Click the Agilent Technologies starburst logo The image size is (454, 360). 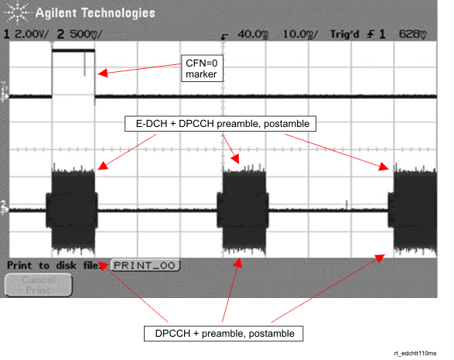16,12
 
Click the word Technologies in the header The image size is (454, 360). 118,13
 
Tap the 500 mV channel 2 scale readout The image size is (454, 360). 86,34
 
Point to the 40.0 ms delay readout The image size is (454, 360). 253,34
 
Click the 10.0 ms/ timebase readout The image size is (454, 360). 299,34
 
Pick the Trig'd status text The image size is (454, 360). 344,34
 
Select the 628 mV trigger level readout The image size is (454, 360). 413,34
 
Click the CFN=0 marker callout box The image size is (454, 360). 202,68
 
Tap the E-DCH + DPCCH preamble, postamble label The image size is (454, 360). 220,124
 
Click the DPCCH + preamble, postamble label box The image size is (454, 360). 224,334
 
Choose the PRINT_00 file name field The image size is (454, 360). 145,266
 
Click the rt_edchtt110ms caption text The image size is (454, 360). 415,353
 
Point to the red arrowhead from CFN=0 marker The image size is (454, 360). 103,73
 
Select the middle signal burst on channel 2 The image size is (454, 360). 243,211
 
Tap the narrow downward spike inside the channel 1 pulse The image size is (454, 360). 84,63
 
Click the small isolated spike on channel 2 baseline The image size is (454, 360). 346,204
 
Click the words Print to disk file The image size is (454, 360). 53,266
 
